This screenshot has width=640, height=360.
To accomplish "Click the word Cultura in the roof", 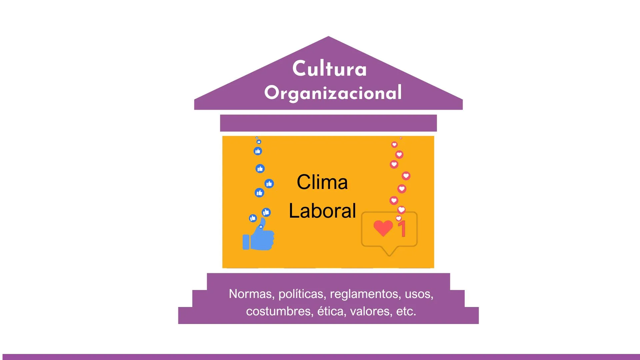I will (329, 69).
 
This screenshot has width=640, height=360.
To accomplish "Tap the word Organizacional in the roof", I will (333, 93).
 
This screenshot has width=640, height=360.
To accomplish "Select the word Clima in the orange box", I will (322, 182).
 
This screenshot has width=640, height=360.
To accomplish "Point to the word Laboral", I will (322, 211).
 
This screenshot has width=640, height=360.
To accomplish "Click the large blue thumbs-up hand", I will (262, 237).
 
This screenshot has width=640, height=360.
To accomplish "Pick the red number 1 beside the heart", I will (402, 229).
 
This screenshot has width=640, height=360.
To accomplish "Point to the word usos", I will (419, 294).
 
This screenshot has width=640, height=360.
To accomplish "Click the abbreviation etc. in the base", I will (406, 311).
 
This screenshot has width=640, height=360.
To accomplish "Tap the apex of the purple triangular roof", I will (328, 38).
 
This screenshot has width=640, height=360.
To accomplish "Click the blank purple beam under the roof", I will (328, 123).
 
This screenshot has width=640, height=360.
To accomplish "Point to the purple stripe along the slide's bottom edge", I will (320, 357).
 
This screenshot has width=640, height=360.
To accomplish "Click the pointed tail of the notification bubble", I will (389, 253).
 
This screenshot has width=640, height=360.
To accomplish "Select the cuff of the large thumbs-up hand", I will (246, 242).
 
